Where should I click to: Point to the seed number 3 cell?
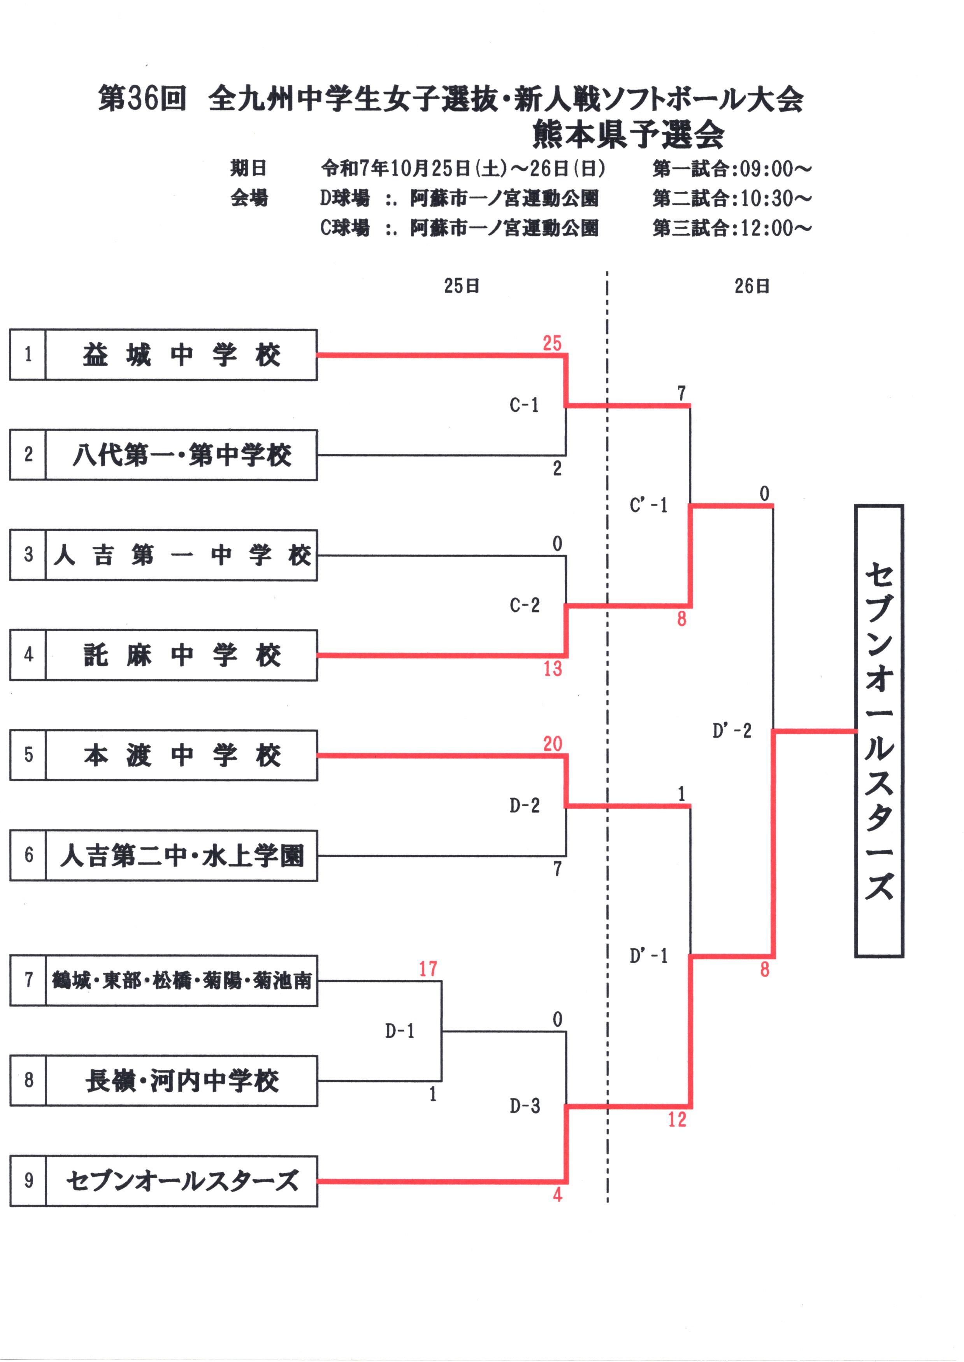(x=28, y=555)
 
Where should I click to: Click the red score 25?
(x=552, y=343)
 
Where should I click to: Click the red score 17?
(x=428, y=969)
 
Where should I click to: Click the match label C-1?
(x=524, y=405)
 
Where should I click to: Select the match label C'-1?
(x=648, y=505)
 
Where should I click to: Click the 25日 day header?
(x=462, y=286)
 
